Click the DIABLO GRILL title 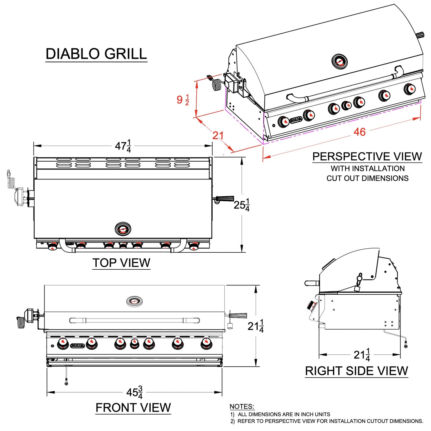coord(96,54)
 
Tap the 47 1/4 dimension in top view coord(123,146)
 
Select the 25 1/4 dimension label coord(241,205)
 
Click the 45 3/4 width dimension coord(134,392)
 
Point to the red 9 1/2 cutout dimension coord(183,100)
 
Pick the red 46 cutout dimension coord(359,132)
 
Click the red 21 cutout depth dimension coord(218,136)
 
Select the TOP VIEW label coord(121,263)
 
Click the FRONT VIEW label coord(133,407)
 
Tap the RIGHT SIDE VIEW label coord(356,371)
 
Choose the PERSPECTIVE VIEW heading coord(367,157)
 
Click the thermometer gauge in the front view coord(134,301)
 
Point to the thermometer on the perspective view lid coord(339,62)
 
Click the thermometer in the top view coord(123,229)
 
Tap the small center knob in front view coord(134,345)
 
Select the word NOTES coord(242,407)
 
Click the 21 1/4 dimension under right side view coord(362,355)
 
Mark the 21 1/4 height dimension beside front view coord(255,326)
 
